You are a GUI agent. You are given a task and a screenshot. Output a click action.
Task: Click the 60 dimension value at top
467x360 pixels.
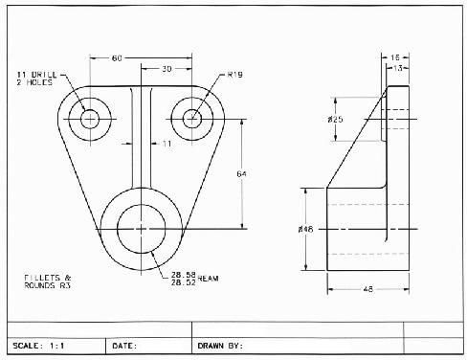(x=117, y=58)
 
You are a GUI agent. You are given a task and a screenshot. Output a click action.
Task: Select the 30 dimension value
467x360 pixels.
(x=167, y=69)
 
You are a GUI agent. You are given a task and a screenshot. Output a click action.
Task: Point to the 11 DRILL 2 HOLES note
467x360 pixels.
(x=36, y=79)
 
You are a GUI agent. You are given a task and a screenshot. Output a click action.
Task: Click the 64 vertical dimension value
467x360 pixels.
(x=242, y=172)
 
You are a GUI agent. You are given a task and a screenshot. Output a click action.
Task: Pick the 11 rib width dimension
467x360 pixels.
(x=167, y=144)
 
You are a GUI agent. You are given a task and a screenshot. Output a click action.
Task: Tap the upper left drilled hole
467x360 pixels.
(x=91, y=119)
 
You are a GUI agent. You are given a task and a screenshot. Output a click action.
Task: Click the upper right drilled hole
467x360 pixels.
(x=192, y=119)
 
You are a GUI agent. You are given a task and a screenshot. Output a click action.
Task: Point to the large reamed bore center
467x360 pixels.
(x=142, y=228)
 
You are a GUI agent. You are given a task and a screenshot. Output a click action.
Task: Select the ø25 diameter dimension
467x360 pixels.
(x=334, y=120)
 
